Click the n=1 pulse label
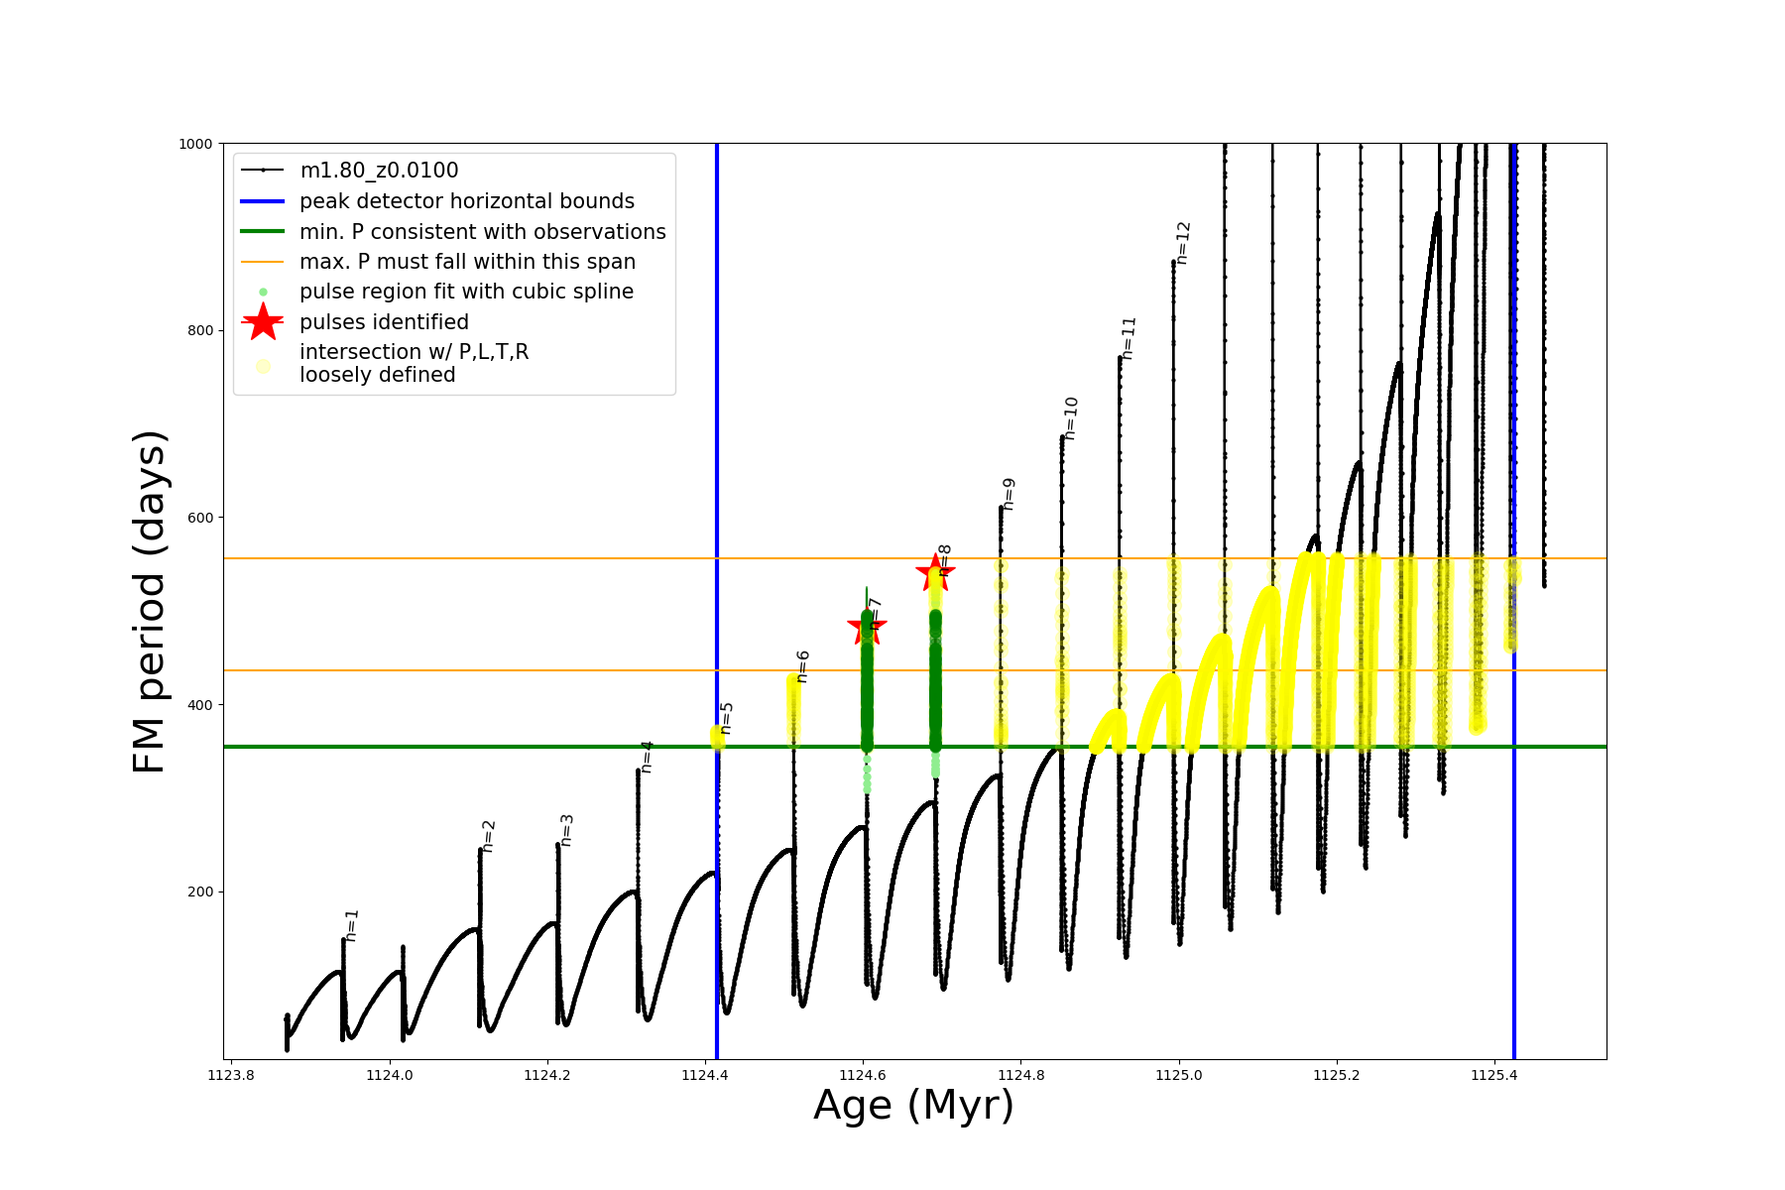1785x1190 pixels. pos(351,924)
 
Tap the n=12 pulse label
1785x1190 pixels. pos(1182,242)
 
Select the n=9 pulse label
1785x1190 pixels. pos(1009,493)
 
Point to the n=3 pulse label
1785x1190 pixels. pos(566,829)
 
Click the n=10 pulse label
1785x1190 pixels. pos(1070,417)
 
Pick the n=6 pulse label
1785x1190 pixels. pos(802,665)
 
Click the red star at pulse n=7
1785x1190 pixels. pos(867,626)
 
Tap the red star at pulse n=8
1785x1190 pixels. pos(934,572)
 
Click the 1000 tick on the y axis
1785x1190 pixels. pos(195,144)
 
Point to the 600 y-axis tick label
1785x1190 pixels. pos(199,518)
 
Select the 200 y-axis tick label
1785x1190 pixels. pos(199,892)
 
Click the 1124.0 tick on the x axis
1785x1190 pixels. pos(389,1075)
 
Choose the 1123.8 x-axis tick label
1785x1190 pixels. pos(231,1075)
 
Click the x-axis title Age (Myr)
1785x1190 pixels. pos(913,1106)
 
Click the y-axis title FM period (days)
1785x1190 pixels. pos(149,601)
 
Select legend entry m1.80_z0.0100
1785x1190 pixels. pos(379,171)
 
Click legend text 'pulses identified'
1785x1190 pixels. pos(384,322)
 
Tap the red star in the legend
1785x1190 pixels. pos(263,322)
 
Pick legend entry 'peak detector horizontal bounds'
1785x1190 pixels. pos(466,201)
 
